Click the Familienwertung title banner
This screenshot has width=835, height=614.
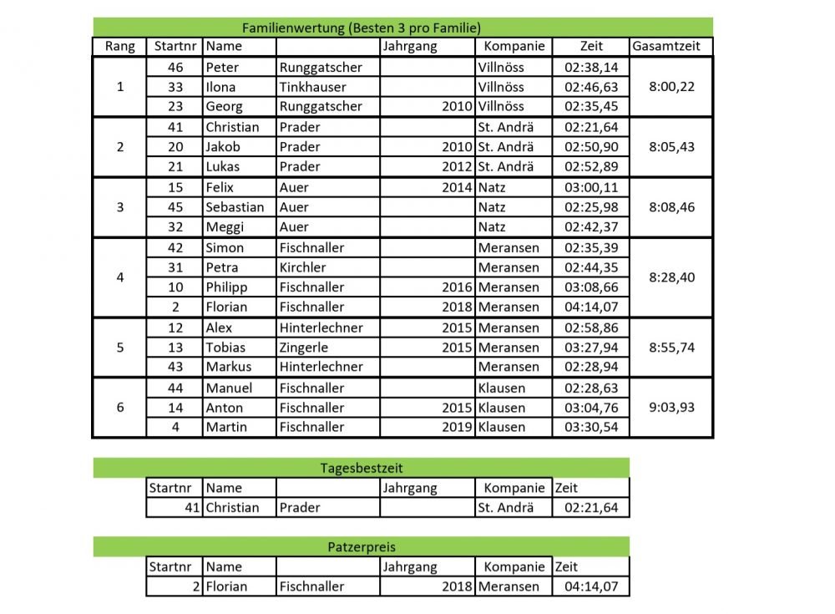coord(361,27)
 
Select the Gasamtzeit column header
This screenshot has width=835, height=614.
coord(666,47)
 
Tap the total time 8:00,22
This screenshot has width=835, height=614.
coord(671,87)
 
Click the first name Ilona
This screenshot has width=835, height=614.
coord(221,87)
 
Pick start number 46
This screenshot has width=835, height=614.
coord(175,67)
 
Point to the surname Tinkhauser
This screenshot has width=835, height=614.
coord(312,87)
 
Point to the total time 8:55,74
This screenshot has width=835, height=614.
coord(671,348)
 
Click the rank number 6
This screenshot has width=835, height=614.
coord(120,408)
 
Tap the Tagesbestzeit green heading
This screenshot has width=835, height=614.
coord(361,468)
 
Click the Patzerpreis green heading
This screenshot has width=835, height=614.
coord(361,547)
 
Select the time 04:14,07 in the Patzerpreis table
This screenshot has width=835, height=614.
coord(591,586)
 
